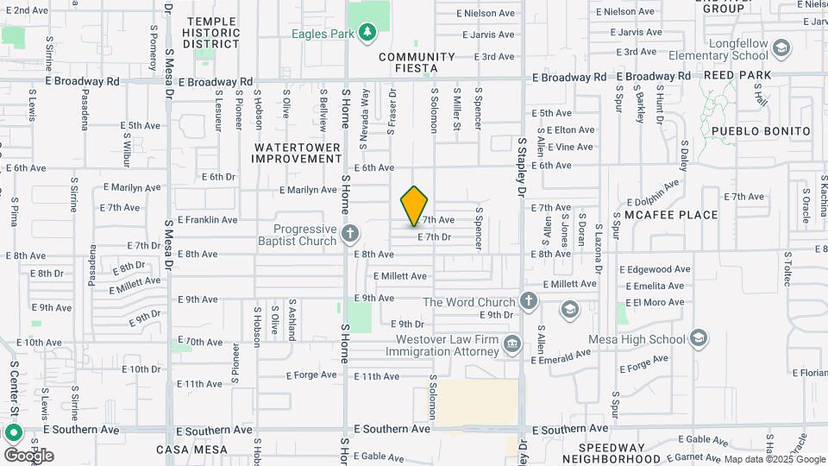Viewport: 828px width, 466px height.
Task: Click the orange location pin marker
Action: click(x=415, y=205)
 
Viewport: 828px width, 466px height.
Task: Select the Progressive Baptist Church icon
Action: click(x=350, y=233)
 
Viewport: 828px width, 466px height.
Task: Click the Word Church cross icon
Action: click(x=529, y=301)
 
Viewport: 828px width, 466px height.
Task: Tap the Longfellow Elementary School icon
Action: click(x=782, y=46)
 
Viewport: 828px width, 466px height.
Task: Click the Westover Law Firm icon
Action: click(x=512, y=344)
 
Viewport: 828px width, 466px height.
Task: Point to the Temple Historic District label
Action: click(x=210, y=32)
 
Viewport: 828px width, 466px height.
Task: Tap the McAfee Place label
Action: click(x=671, y=215)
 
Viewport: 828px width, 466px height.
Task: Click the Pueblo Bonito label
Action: click(x=761, y=131)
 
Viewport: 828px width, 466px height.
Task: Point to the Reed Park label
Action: click(x=737, y=75)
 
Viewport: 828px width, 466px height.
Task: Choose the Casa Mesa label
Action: click(x=191, y=450)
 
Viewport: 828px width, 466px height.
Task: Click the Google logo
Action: click(x=28, y=456)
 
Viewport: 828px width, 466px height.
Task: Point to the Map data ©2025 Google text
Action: click(x=762, y=459)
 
